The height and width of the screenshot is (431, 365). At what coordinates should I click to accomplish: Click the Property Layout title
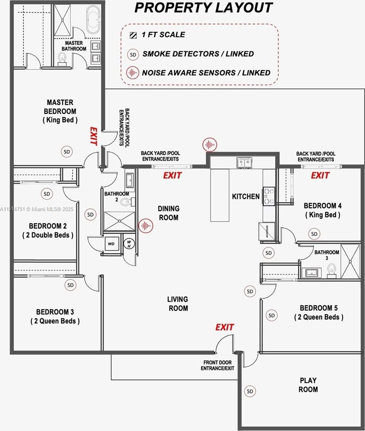pos(203,8)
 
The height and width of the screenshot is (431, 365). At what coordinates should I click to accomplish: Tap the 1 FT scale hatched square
pos(133,35)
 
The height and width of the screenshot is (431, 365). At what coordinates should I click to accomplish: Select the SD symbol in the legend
pos(133,54)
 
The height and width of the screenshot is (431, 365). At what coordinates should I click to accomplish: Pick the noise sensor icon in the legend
pos(133,73)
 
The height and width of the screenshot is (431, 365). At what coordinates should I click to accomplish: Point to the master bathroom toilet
pos(62,59)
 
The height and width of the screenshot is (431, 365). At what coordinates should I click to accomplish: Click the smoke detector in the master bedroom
pos(67,152)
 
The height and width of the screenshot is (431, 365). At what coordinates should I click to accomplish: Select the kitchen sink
pos(244,162)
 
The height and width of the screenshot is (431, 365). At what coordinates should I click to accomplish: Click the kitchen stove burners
pos(269,196)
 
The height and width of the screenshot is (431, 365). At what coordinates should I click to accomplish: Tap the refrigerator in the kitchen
pos(267,231)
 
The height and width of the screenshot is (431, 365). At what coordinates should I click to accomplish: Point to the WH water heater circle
pos(129,244)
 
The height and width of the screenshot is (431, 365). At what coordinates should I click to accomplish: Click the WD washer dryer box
pos(112,244)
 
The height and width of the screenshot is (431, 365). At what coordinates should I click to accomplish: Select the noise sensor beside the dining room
pos(146,226)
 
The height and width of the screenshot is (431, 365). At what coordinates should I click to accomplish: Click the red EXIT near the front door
pos(225,327)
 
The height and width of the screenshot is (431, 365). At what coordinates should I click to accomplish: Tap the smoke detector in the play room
pos(250,391)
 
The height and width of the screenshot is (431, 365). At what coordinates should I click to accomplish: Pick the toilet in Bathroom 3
pos(332,270)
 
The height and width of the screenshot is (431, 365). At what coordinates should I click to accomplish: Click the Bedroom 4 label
pos(322,210)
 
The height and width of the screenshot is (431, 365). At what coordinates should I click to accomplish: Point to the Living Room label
pos(178,304)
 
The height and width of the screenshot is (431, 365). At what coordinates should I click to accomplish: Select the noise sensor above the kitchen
pos(210,144)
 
